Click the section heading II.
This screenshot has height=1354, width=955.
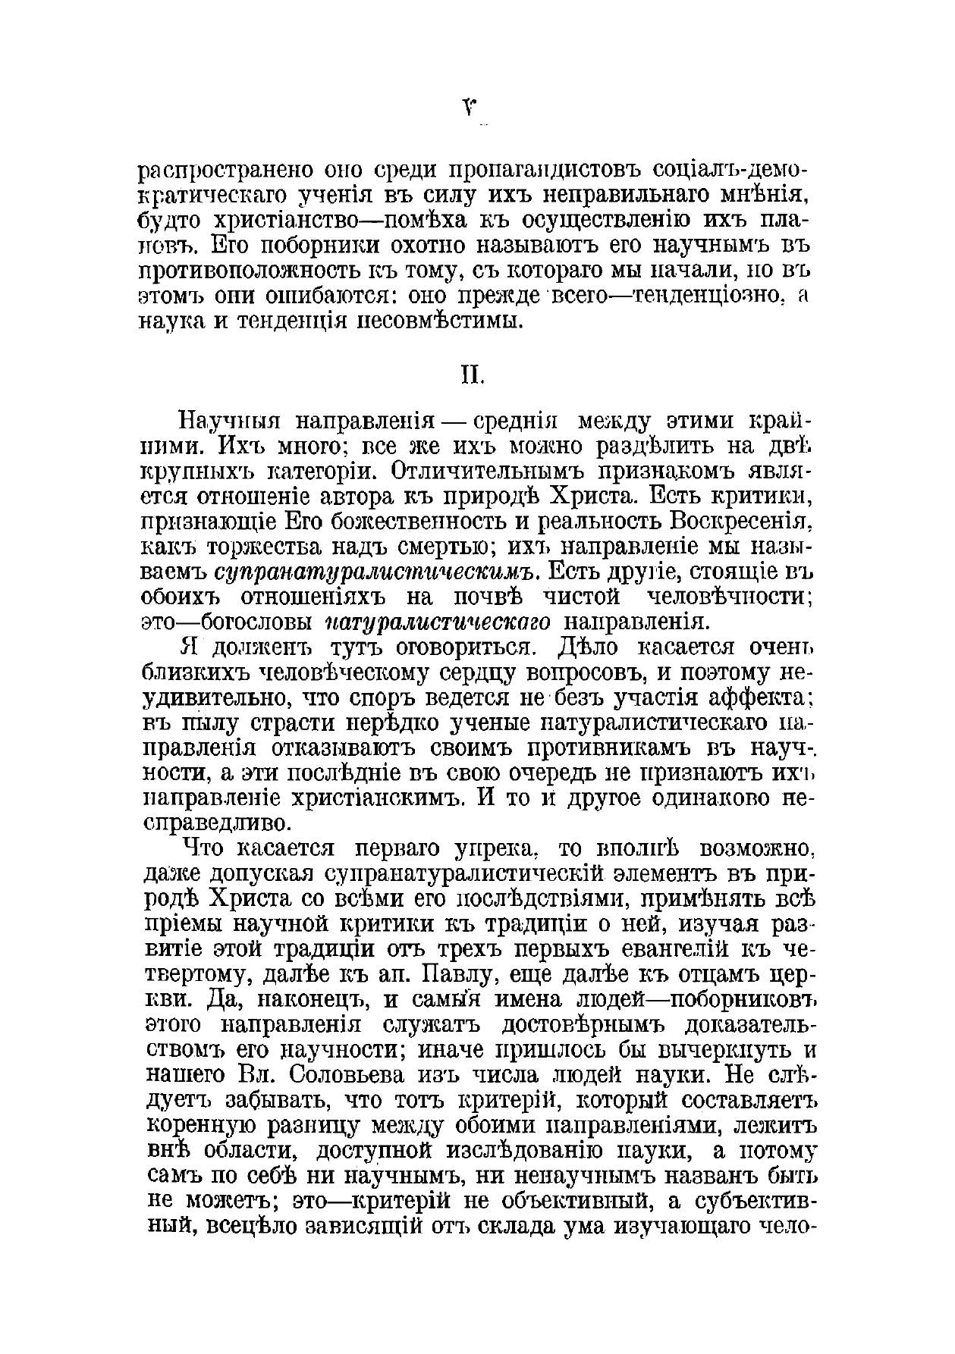pos(473,375)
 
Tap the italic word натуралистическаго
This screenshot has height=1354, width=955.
pos(438,622)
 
